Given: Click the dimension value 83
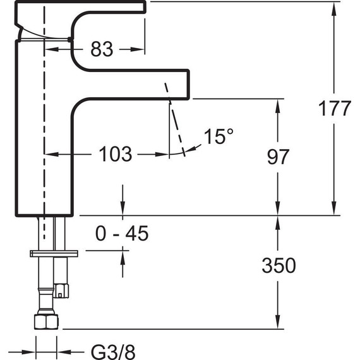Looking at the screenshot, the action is (x=102, y=49).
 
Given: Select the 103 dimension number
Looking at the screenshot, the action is (x=116, y=154).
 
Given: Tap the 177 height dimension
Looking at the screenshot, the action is (x=335, y=109).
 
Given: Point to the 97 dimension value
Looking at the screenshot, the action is (x=278, y=157).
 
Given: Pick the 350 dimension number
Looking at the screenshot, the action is (x=279, y=265).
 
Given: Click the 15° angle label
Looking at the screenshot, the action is (x=219, y=136).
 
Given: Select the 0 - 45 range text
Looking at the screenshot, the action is (x=122, y=233).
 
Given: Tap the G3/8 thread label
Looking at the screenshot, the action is (x=113, y=352).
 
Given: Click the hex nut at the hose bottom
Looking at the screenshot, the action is (x=46, y=321).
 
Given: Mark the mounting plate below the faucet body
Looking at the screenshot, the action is (x=54, y=253).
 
